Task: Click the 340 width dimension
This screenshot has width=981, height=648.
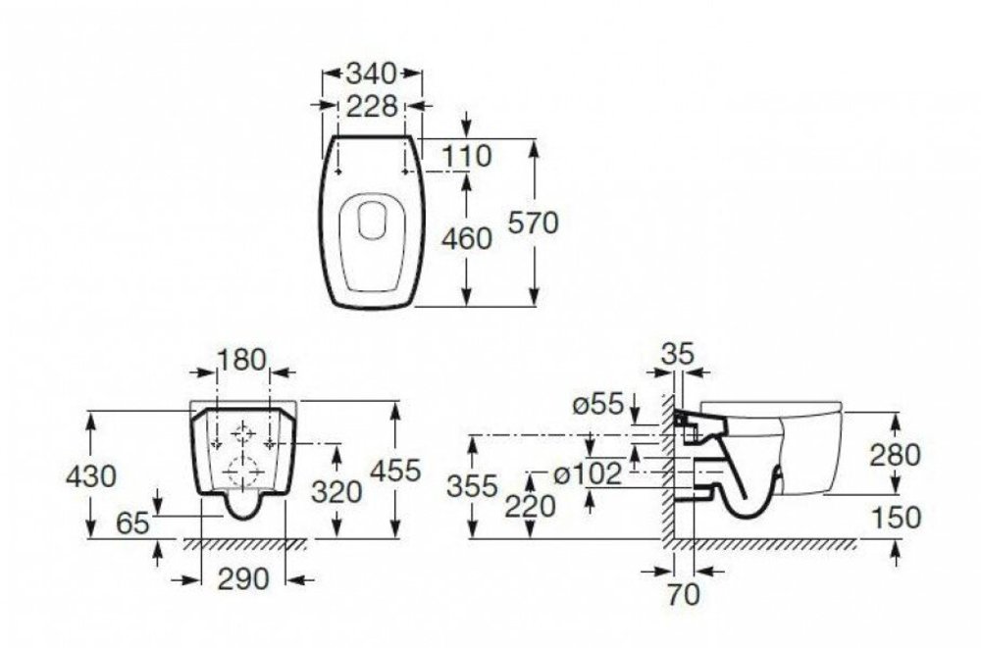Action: click(x=372, y=74)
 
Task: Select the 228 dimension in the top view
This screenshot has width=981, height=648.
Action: click(x=372, y=106)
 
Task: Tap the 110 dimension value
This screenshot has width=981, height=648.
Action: click(x=467, y=156)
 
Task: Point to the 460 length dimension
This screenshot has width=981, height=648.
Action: click(x=467, y=239)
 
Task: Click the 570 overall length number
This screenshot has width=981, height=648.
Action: click(x=533, y=223)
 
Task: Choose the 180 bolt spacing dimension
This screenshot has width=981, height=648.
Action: click(x=241, y=360)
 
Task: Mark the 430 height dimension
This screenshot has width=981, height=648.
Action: click(x=91, y=476)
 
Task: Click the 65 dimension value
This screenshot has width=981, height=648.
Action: click(x=132, y=523)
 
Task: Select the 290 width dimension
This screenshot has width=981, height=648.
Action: click(x=243, y=579)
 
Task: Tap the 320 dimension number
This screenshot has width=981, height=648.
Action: click(x=336, y=492)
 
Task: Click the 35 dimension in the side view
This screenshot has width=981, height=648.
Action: click(x=678, y=354)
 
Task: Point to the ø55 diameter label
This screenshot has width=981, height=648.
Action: click(x=598, y=405)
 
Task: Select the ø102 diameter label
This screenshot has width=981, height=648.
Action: click(x=588, y=474)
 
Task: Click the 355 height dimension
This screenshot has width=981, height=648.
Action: click(x=473, y=486)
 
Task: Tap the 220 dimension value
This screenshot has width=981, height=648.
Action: click(x=531, y=506)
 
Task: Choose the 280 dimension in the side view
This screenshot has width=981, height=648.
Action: click(x=896, y=455)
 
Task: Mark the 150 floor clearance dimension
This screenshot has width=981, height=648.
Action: click(x=896, y=518)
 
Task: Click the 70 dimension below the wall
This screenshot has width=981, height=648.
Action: click(x=683, y=594)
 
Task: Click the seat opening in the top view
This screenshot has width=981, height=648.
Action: click(x=372, y=217)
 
